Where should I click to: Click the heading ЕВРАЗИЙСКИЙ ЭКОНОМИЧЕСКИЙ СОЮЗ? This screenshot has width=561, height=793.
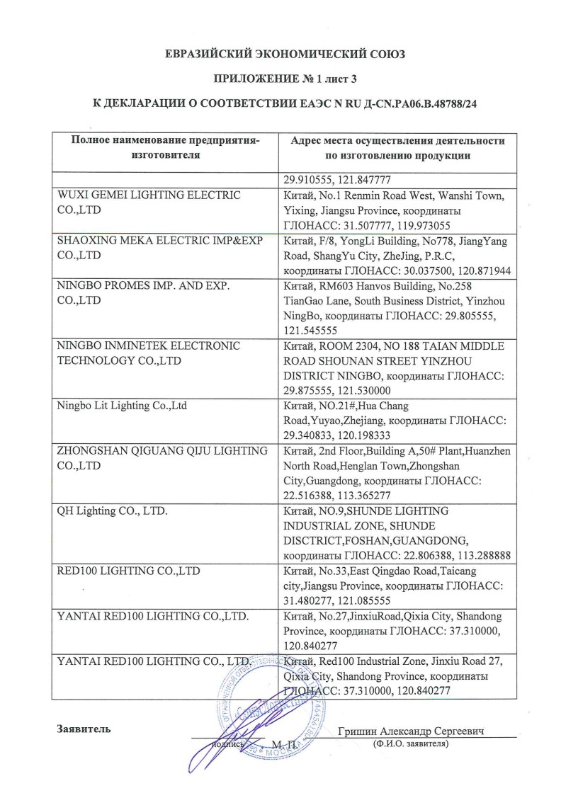[280, 54]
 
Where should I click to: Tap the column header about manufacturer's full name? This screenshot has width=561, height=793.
[166, 147]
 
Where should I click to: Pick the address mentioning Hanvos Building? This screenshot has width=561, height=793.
[397, 304]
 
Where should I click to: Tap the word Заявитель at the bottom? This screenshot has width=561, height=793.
[84, 729]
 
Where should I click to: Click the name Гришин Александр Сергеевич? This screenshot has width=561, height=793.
[415, 731]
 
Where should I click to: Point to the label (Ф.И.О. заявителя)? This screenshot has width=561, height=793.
[411, 744]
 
